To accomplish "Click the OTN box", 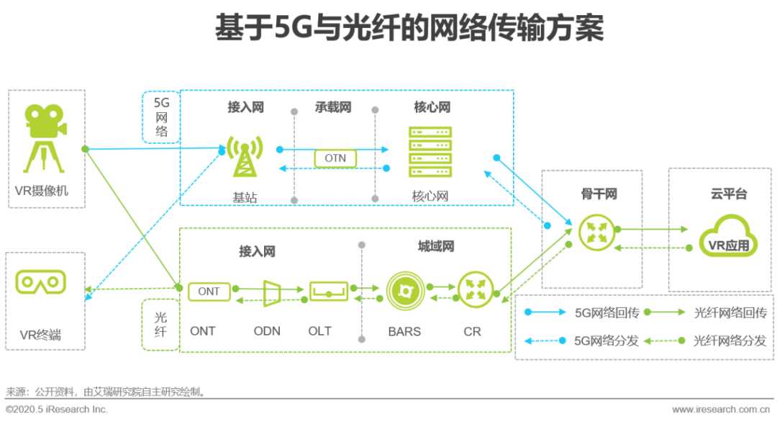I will point(335,158).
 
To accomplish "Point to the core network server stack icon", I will point(430,152).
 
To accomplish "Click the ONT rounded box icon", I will point(209,292).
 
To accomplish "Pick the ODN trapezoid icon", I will point(272,292).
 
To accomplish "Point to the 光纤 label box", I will point(160,324).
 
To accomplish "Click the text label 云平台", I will point(728,194).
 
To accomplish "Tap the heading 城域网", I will point(435,247).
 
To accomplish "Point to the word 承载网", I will point(333,107).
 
